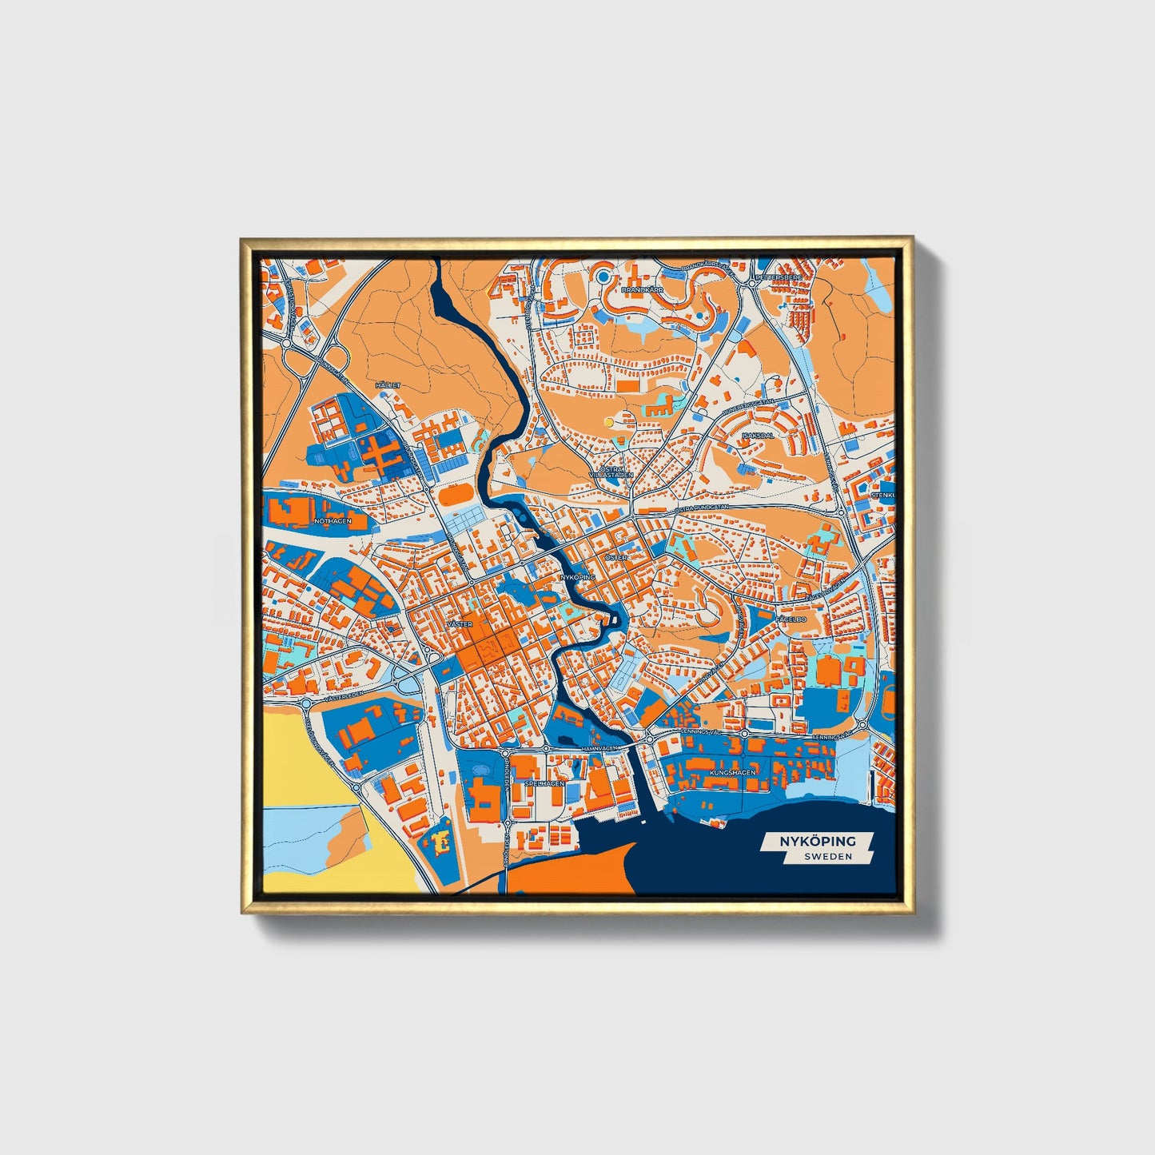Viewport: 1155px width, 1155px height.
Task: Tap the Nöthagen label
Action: (x=333, y=521)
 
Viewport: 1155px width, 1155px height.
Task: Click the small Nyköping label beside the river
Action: (x=578, y=576)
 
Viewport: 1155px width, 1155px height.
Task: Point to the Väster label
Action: (x=460, y=623)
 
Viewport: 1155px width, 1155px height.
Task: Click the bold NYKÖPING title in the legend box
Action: (x=818, y=841)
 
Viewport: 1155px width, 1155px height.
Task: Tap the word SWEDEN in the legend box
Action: (x=827, y=856)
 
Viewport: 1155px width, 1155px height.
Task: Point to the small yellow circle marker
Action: (x=609, y=421)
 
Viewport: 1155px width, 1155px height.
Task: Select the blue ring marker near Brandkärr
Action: (x=603, y=277)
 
